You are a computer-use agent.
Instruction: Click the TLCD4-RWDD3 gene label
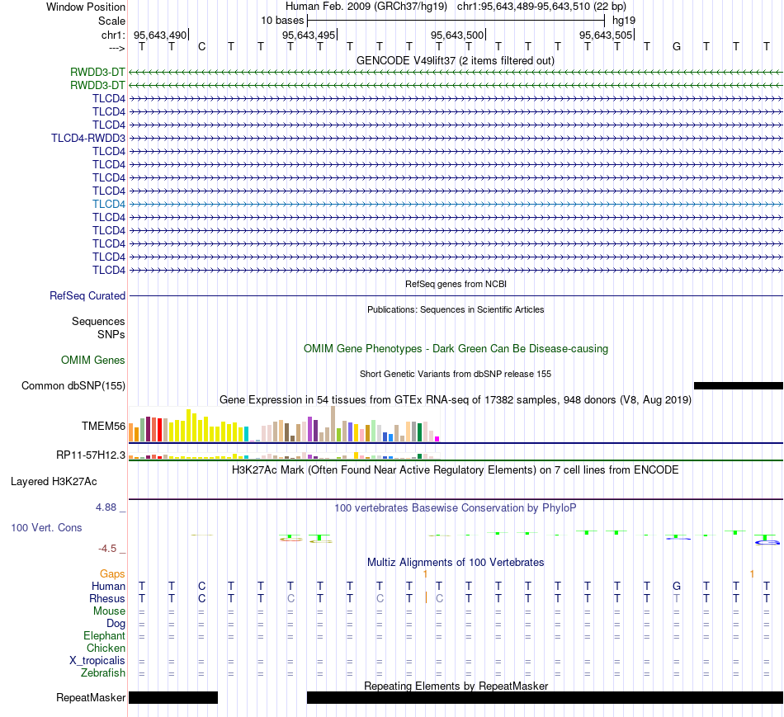88,138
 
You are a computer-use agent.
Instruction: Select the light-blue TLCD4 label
108,204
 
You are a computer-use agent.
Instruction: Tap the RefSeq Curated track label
87,295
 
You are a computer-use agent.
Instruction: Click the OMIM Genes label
93,360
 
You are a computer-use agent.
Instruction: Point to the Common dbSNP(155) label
73,385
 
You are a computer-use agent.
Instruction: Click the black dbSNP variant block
739,385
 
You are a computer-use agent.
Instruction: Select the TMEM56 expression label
103,426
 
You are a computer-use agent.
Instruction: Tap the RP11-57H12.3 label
91,455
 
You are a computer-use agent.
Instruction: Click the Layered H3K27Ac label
54,482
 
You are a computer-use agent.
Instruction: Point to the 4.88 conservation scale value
106,507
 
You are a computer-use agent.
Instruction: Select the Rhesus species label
107,598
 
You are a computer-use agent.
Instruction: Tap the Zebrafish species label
103,672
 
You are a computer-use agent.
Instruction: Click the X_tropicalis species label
97,661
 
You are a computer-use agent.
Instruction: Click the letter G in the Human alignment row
677,586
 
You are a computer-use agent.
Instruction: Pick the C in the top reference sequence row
201,46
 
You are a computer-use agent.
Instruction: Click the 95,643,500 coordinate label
457,35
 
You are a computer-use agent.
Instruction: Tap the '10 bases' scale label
282,21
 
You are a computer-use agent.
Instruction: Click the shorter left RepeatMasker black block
173,697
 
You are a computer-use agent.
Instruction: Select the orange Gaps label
112,574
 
